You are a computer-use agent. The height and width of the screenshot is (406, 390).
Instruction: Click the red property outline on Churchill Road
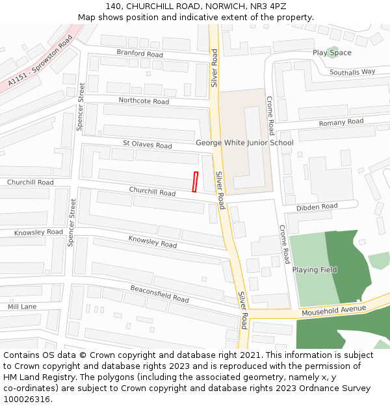tap(195, 182)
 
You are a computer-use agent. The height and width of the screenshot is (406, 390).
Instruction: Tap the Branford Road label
tap(140, 53)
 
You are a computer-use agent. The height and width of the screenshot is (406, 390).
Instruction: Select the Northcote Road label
tap(144, 101)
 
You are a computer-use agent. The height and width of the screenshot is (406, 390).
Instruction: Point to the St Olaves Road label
tap(148, 144)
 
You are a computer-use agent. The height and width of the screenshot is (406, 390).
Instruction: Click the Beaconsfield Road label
tap(159, 294)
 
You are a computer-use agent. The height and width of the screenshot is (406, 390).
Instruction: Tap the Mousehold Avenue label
tap(334, 311)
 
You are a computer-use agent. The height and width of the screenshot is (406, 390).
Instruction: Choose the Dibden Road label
tap(317, 207)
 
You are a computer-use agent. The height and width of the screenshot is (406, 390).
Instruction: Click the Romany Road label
tap(341, 122)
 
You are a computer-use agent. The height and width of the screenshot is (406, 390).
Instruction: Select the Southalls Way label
tap(352, 72)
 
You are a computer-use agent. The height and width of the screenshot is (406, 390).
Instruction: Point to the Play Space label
tap(331, 53)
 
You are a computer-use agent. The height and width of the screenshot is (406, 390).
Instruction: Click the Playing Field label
tap(315, 270)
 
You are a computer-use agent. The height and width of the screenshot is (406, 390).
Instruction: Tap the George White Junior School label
tap(244, 142)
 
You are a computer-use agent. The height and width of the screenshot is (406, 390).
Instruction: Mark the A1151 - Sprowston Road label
tap(40, 62)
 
